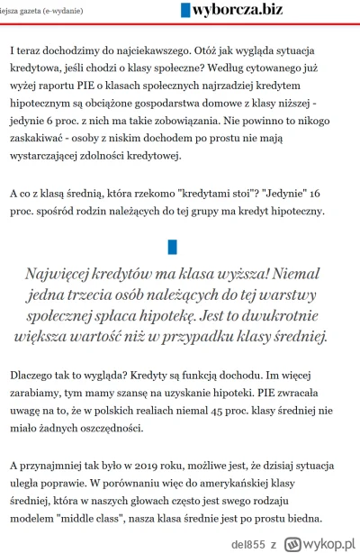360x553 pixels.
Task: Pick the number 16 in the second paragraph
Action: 337,192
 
